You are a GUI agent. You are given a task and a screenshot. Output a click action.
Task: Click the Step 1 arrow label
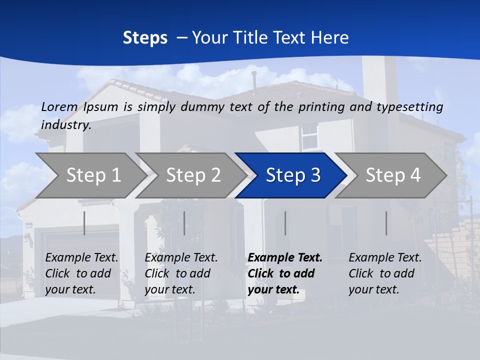93,175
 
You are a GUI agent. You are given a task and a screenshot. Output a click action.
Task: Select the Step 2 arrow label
193,175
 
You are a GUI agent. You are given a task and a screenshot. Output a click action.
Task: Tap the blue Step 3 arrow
293,175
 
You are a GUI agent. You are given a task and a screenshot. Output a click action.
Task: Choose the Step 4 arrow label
393,175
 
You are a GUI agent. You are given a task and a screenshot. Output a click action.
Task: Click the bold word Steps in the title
145,38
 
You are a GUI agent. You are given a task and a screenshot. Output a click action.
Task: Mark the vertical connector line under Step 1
84,223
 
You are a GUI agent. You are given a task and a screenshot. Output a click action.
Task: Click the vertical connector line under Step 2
184,223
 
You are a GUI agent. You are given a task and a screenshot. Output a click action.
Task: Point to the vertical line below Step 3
285,223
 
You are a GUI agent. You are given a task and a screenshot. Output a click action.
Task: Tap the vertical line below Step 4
386,223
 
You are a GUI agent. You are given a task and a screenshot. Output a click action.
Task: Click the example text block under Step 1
81,273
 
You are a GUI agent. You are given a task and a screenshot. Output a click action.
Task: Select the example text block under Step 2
181,273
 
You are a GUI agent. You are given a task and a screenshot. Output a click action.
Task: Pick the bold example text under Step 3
285,273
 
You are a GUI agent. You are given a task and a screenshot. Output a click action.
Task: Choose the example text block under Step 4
385,273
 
